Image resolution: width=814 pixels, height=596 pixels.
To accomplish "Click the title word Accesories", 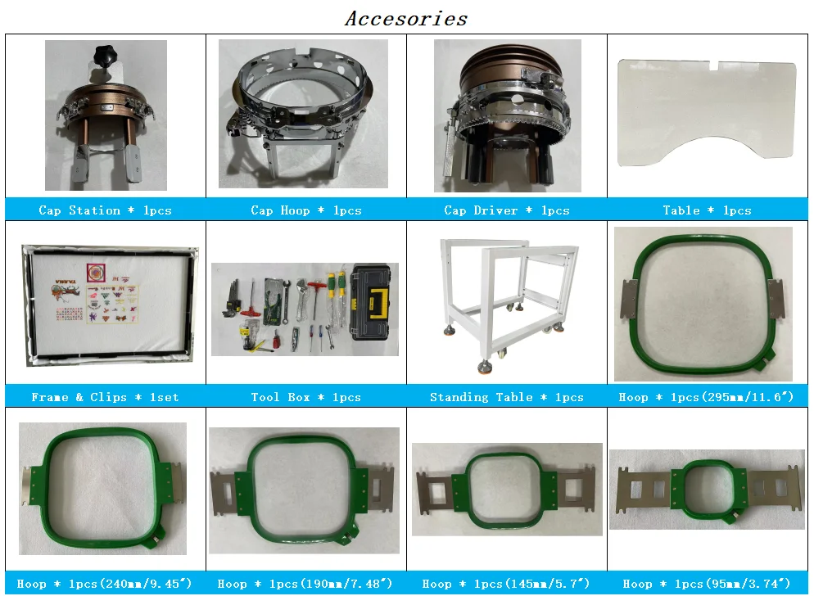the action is pyautogui.click(x=406, y=19).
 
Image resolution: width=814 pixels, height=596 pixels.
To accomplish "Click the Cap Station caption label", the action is pyautogui.click(x=106, y=210).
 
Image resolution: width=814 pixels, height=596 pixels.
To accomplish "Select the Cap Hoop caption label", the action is pyautogui.click(x=305, y=210).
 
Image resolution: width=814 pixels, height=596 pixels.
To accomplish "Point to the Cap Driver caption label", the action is pyautogui.click(x=507, y=210).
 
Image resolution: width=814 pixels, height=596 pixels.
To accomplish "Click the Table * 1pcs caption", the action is pyautogui.click(x=707, y=210).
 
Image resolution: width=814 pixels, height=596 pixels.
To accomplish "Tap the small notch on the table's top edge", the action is pyautogui.click(x=714, y=65).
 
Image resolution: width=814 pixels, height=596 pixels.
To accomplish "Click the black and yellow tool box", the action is pyautogui.click(x=371, y=302).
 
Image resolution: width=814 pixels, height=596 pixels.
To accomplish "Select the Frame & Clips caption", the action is pyautogui.click(x=106, y=397).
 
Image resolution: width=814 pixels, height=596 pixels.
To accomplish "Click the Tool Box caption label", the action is pyautogui.click(x=305, y=397).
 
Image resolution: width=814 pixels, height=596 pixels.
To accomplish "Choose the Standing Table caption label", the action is pyautogui.click(x=507, y=397).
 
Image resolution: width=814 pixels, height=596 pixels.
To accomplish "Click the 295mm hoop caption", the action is pyautogui.click(x=707, y=397).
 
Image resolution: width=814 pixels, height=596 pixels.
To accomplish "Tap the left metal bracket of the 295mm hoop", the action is pyautogui.click(x=629, y=299).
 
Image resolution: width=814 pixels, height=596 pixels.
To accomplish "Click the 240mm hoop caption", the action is pyautogui.click(x=104, y=584).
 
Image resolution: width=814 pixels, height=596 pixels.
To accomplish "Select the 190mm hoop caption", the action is pyautogui.click(x=305, y=584).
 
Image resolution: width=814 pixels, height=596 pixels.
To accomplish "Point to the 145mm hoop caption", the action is pyautogui.click(x=506, y=584).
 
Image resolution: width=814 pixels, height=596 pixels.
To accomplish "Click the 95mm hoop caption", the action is pyautogui.click(x=707, y=584).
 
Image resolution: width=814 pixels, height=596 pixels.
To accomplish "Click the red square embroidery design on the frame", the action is pyautogui.click(x=96, y=273).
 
